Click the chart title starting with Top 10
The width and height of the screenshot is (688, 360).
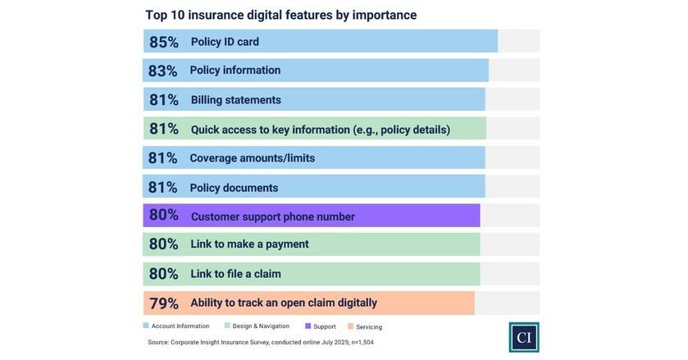[280, 15]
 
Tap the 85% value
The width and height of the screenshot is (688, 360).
[163, 42]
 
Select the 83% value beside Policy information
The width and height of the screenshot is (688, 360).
[162, 71]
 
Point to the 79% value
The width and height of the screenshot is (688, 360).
[163, 303]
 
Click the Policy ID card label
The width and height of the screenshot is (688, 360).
[225, 42]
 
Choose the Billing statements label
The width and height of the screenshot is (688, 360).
[235, 100]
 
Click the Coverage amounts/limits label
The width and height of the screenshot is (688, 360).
[252, 158]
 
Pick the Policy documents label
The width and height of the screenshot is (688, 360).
[234, 188]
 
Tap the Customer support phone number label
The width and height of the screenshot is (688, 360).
[272, 216]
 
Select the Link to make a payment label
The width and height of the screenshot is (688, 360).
[249, 244]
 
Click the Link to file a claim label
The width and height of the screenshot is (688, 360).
[235, 274]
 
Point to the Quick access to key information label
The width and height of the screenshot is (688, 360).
[320, 130]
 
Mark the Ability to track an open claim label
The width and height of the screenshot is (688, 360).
[283, 303]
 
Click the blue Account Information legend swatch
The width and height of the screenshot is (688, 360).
[147, 326]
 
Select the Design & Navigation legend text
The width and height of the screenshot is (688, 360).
[261, 326]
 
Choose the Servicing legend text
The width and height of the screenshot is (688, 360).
[369, 327]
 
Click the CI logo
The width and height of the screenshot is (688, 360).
[523, 337]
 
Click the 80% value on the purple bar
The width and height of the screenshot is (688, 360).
[163, 216]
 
